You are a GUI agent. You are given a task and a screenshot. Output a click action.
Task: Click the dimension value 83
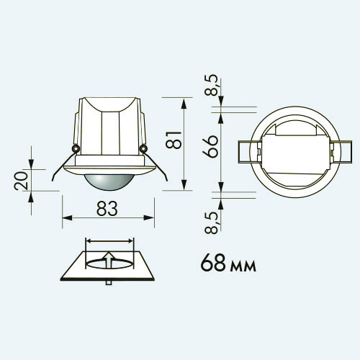[x=107, y=208]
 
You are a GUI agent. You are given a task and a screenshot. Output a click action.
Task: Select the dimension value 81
[x=174, y=140]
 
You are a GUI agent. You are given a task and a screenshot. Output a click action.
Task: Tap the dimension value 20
[x=21, y=180]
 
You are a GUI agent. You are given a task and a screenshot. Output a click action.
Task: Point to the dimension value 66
[x=210, y=146]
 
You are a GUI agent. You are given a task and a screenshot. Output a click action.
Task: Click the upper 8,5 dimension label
[x=212, y=85]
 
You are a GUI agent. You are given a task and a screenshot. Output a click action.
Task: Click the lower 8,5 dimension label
[x=212, y=223]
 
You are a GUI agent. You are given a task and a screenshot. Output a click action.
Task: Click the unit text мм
[x=243, y=266]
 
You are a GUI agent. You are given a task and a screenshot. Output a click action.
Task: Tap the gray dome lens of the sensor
[x=107, y=182]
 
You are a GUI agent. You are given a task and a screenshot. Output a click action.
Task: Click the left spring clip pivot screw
[x=76, y=148]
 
